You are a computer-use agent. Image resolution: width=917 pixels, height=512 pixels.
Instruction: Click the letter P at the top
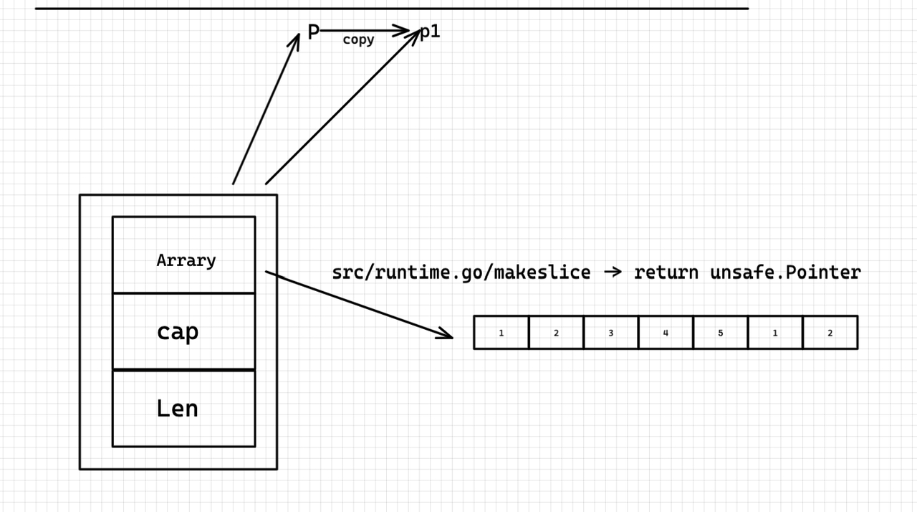[x=313, y=32]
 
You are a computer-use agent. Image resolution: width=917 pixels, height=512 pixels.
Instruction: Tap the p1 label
[x=430, y=32]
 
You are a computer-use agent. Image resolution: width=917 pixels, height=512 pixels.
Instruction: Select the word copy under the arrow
[x=358, y=39]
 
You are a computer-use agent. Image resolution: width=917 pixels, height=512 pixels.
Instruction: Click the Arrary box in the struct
[x=184, y=255]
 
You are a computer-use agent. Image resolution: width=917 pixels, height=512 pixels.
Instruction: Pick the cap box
[x=184, y=331]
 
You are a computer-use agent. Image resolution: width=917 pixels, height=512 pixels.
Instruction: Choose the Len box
[x=184, y=408]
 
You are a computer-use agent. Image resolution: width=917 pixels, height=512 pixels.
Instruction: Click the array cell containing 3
[x=611, y=332]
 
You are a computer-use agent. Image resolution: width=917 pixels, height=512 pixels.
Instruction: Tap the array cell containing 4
[x=666, y=332]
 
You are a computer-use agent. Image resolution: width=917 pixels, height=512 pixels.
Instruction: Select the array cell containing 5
[x=721, y=332]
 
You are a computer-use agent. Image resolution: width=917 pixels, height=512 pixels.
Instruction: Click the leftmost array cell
[x=501, y=332]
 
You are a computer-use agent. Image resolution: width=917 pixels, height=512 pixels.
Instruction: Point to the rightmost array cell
[x=830, y=332]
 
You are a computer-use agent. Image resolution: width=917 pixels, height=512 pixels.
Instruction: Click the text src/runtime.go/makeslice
[x=461, y=272]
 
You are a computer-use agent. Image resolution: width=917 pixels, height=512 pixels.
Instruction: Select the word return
[x=666, y=272]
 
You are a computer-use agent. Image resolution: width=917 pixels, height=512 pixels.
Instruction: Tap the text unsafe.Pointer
[x=786, y=272]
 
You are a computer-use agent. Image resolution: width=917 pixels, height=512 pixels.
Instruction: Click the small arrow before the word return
[x=613, y=272]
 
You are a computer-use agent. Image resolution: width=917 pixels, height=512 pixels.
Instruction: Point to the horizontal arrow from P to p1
[x=365, y=30]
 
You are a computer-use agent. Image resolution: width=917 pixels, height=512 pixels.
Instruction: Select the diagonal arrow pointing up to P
[x=266, y=109]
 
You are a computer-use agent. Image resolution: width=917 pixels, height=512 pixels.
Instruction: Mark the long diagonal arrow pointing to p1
[x=343, y=107]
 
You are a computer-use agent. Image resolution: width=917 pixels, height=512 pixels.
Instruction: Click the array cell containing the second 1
[x=775, y=332]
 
